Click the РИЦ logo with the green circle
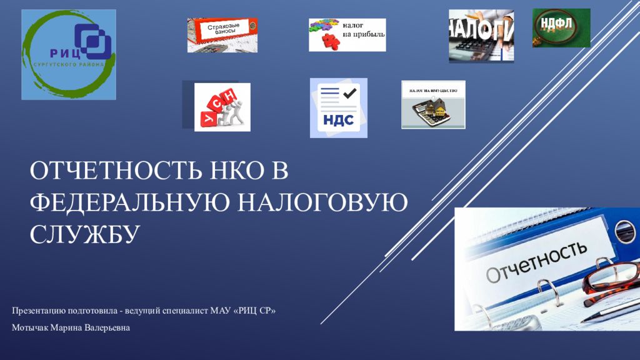coord(68,54)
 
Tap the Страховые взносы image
coord(222,34)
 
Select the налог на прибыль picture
coord(347,34)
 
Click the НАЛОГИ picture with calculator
coord(481,36)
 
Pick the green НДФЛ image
coord(561,27)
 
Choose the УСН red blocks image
coord(222,107)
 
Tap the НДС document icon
coord(338,107)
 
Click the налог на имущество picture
coord(433,104)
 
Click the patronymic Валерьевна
coord(109,328)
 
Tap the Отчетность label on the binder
coord(536,262)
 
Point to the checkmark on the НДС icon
coord(349,93)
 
